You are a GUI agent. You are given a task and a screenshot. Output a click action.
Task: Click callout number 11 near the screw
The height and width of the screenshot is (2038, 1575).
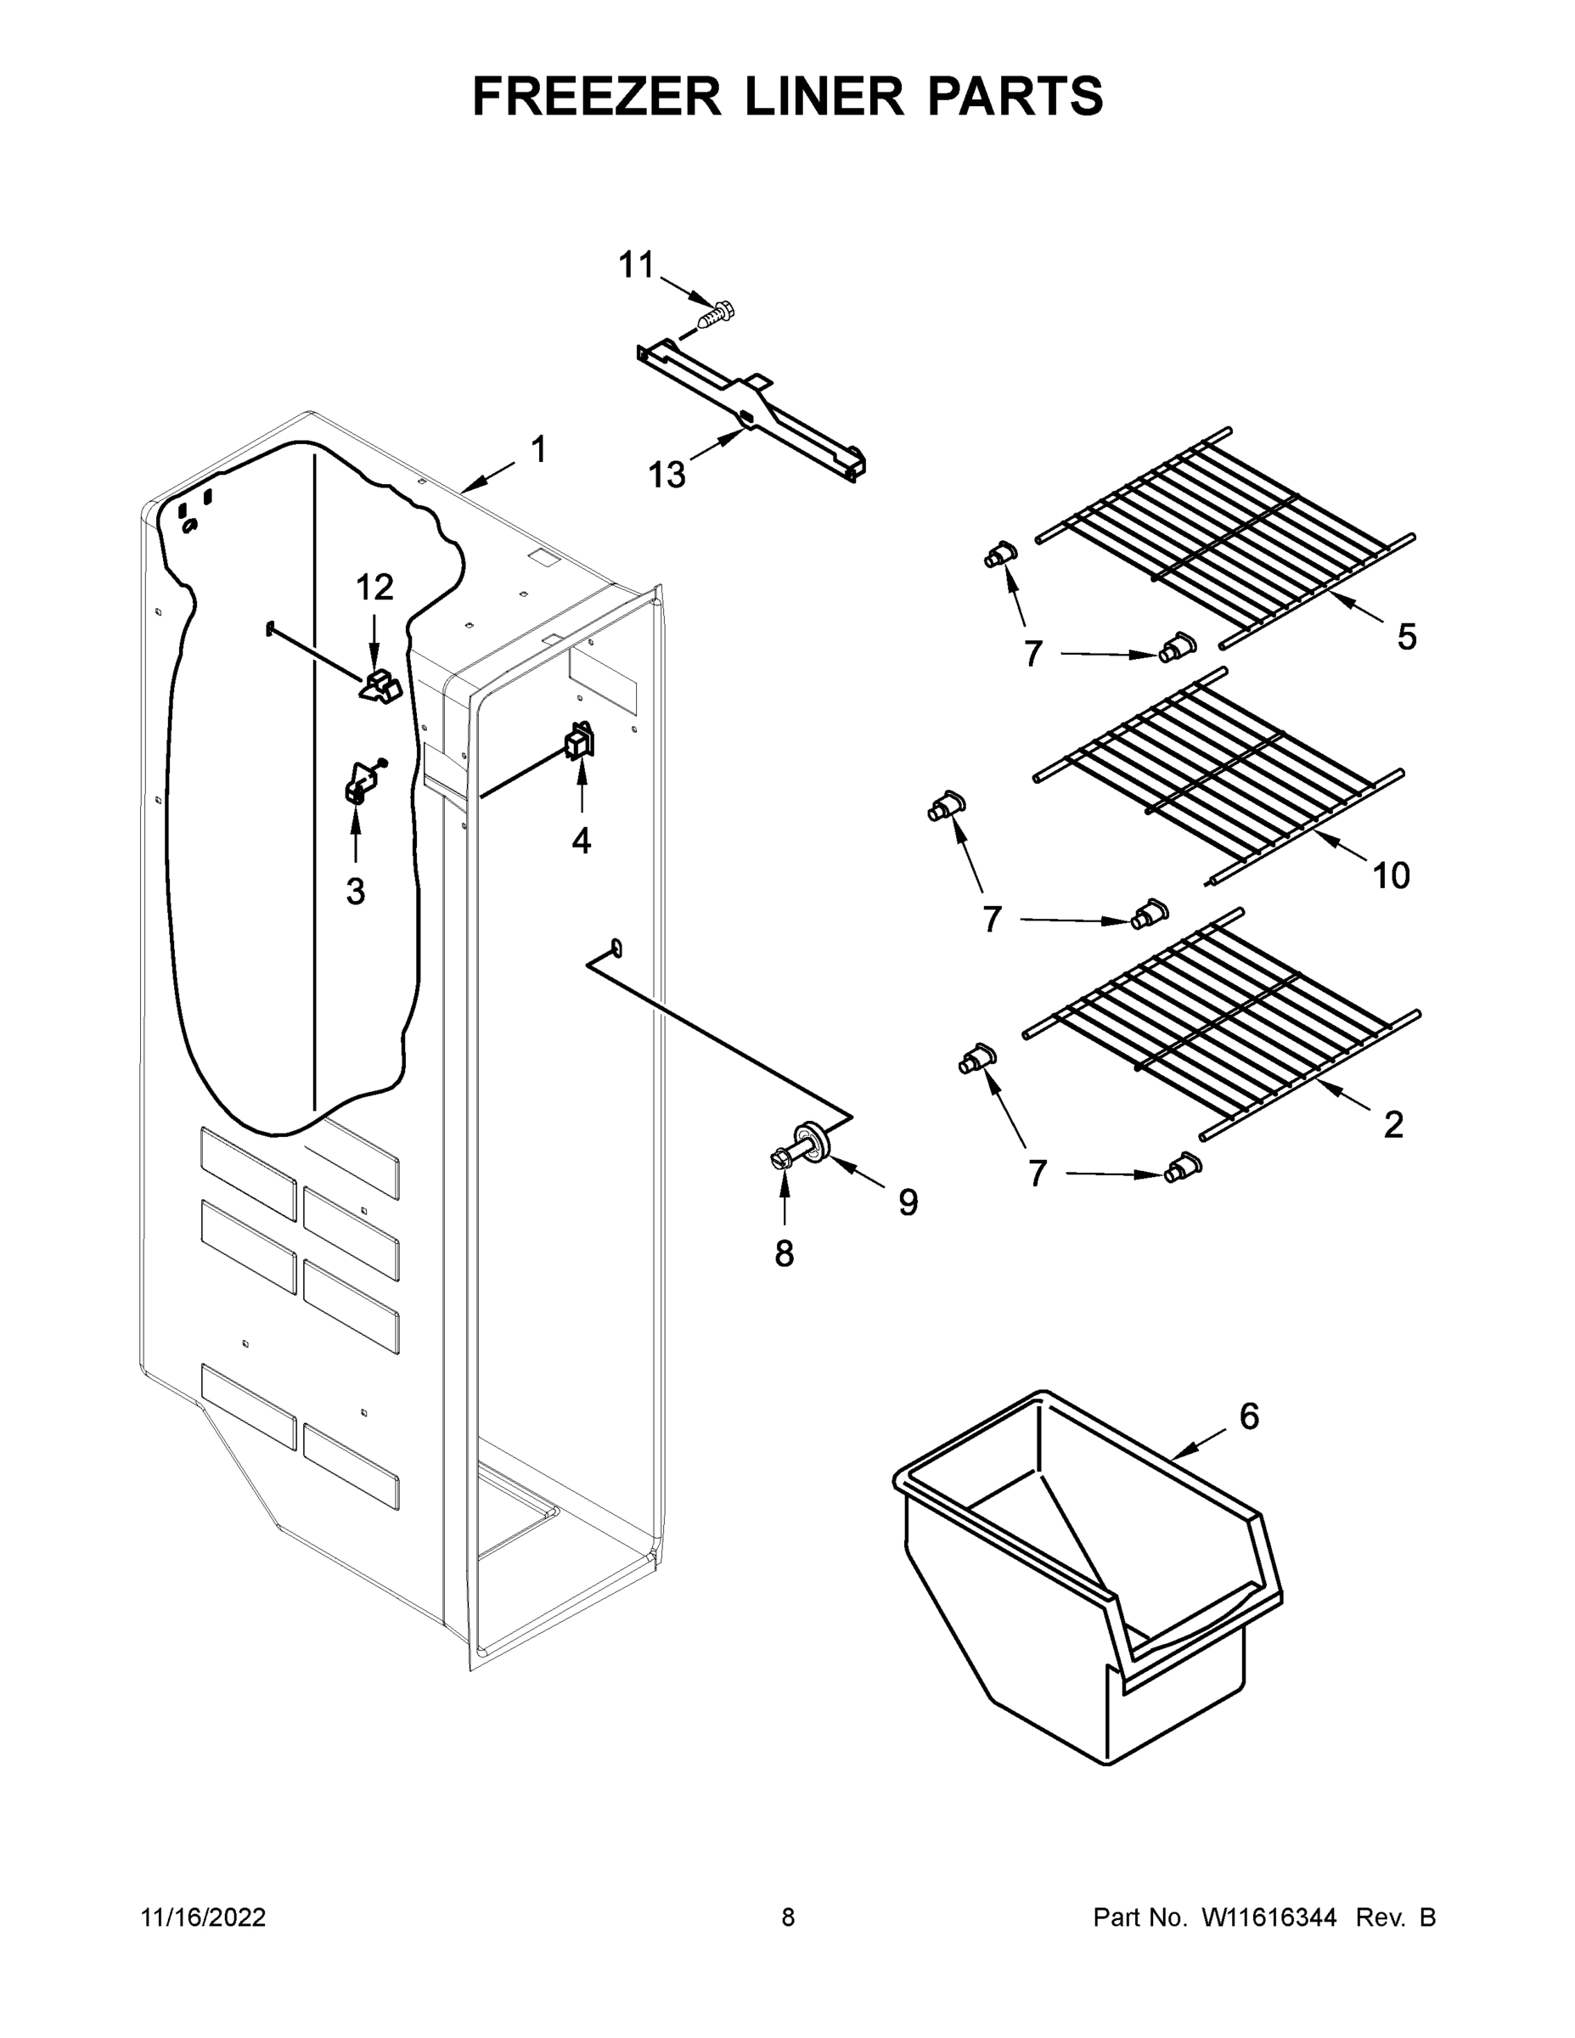(x=638, y=266)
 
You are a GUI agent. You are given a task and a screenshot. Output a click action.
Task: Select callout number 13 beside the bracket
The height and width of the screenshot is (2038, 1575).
(x=667, y=475)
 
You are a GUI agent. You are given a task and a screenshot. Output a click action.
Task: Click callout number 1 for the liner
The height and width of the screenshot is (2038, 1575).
(x=538, y=451)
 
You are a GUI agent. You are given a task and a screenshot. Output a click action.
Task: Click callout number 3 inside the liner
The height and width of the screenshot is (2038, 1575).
(x=356, y=891)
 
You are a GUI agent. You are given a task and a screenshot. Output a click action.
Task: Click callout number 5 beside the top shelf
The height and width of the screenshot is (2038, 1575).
(x=1407, y=638)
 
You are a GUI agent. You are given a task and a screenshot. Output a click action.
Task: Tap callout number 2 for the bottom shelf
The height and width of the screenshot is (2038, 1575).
(x=1393, y=1125)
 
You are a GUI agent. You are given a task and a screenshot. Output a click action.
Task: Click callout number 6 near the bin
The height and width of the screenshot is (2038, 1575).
(x=1249, y=1416)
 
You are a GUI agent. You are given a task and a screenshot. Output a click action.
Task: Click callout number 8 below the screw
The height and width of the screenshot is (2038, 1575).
(x=785, y=1253)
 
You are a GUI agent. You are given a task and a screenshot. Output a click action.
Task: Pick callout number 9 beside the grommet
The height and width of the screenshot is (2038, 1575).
(x=908, y=1202)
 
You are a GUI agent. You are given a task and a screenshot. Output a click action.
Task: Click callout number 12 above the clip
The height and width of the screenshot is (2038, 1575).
(x=374, y=588)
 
